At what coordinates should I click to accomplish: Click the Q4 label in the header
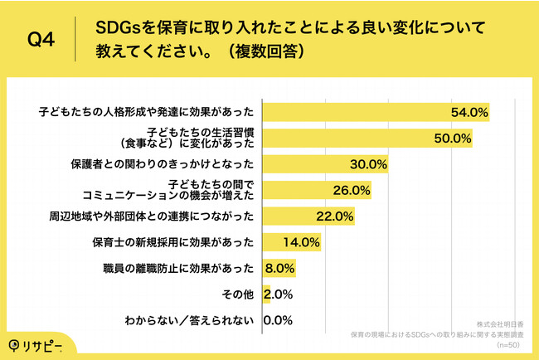pos(42,39)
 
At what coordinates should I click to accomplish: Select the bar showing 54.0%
pos(376,110)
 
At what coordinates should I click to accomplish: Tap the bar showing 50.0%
pos(367,137)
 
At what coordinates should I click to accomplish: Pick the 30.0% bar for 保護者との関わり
pos(325,163)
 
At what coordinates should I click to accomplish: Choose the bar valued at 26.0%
pos(316,190)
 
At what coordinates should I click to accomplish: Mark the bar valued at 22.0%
pos(308,217)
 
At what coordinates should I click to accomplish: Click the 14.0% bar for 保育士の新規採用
pos(291,244)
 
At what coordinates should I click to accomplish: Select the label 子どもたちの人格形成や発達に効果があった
pos(148,110)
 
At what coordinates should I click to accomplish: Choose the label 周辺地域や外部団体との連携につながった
pos(151,217)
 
